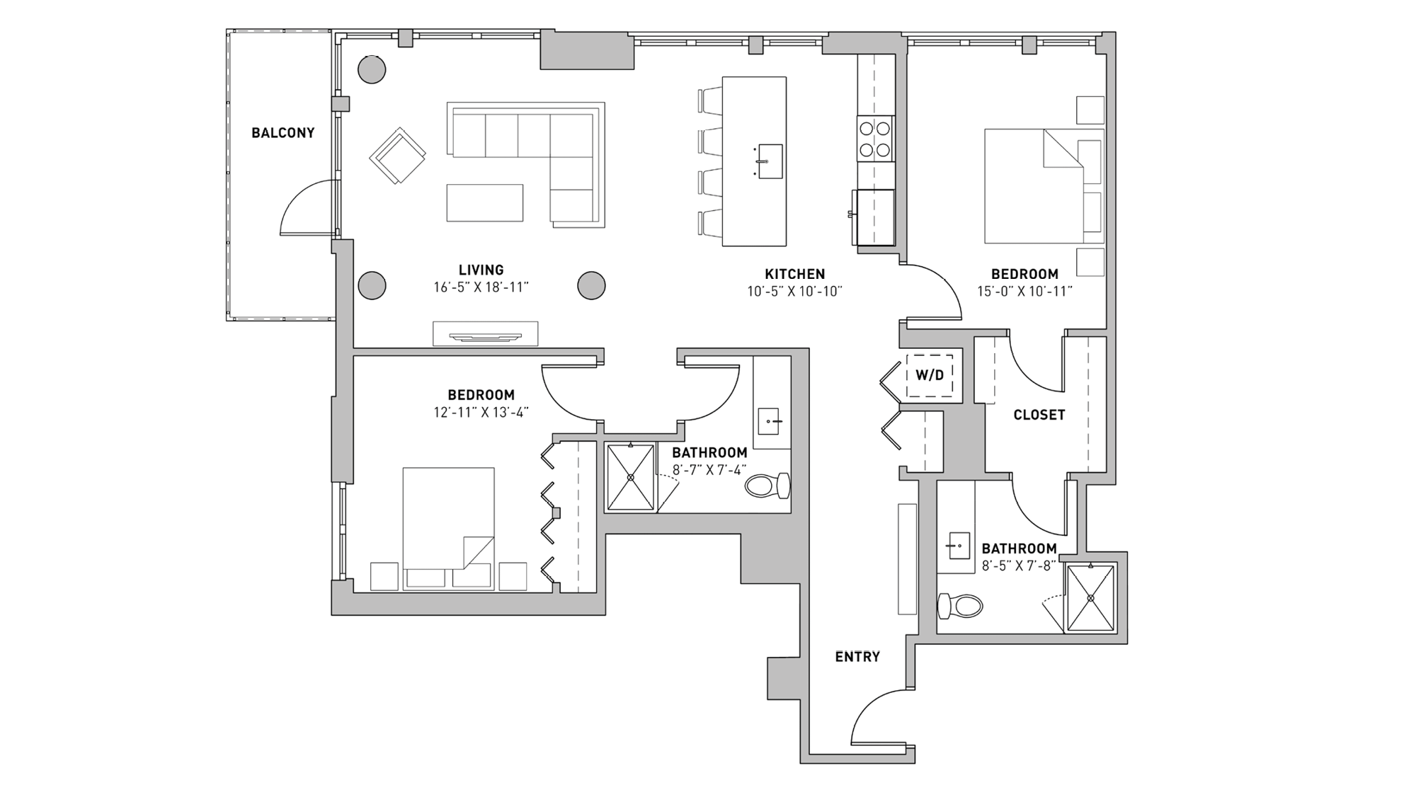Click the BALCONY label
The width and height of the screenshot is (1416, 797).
[x=282, y=133]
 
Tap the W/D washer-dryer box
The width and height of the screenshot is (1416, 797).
[x=930, y=375]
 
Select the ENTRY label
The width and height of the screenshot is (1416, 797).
[x=857, y=657]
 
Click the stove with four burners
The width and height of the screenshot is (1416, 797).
[x=875, y=139]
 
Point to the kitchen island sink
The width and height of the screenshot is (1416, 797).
[x=770, y=161]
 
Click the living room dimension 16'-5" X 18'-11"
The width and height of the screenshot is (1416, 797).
[x=481, y=287]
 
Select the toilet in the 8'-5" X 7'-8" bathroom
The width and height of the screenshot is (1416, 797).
[x=960, y=606]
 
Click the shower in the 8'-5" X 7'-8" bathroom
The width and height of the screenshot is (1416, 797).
[x=1090, y=597]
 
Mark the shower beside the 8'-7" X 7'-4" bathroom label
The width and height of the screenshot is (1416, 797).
[x=630, y=477]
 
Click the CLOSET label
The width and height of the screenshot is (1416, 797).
[x=1039, y=415]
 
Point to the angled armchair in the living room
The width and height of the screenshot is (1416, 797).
[x=397, y=156]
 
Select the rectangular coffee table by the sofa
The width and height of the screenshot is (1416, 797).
[x=484, y=202]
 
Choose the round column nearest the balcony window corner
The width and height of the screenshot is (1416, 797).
[x=371, y=69]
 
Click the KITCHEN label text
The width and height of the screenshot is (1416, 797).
[x=794, y=274]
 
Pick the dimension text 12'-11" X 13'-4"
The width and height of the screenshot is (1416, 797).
[x=481, y=413]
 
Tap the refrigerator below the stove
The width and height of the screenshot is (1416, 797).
[x=875, y=217]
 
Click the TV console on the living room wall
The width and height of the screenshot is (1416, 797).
[x=486, y=333]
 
